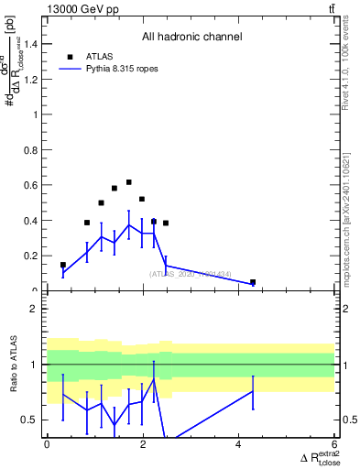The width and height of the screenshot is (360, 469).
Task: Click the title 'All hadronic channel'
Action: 191,38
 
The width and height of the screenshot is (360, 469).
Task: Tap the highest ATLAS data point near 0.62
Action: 128,182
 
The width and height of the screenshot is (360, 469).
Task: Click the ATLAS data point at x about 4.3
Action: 253,282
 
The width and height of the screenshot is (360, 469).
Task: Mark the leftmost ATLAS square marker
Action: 63,265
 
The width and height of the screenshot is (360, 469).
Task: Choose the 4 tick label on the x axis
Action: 238,445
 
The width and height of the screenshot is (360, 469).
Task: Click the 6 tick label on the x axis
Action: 334,445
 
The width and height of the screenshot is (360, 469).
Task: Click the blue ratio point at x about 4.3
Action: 253,391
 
